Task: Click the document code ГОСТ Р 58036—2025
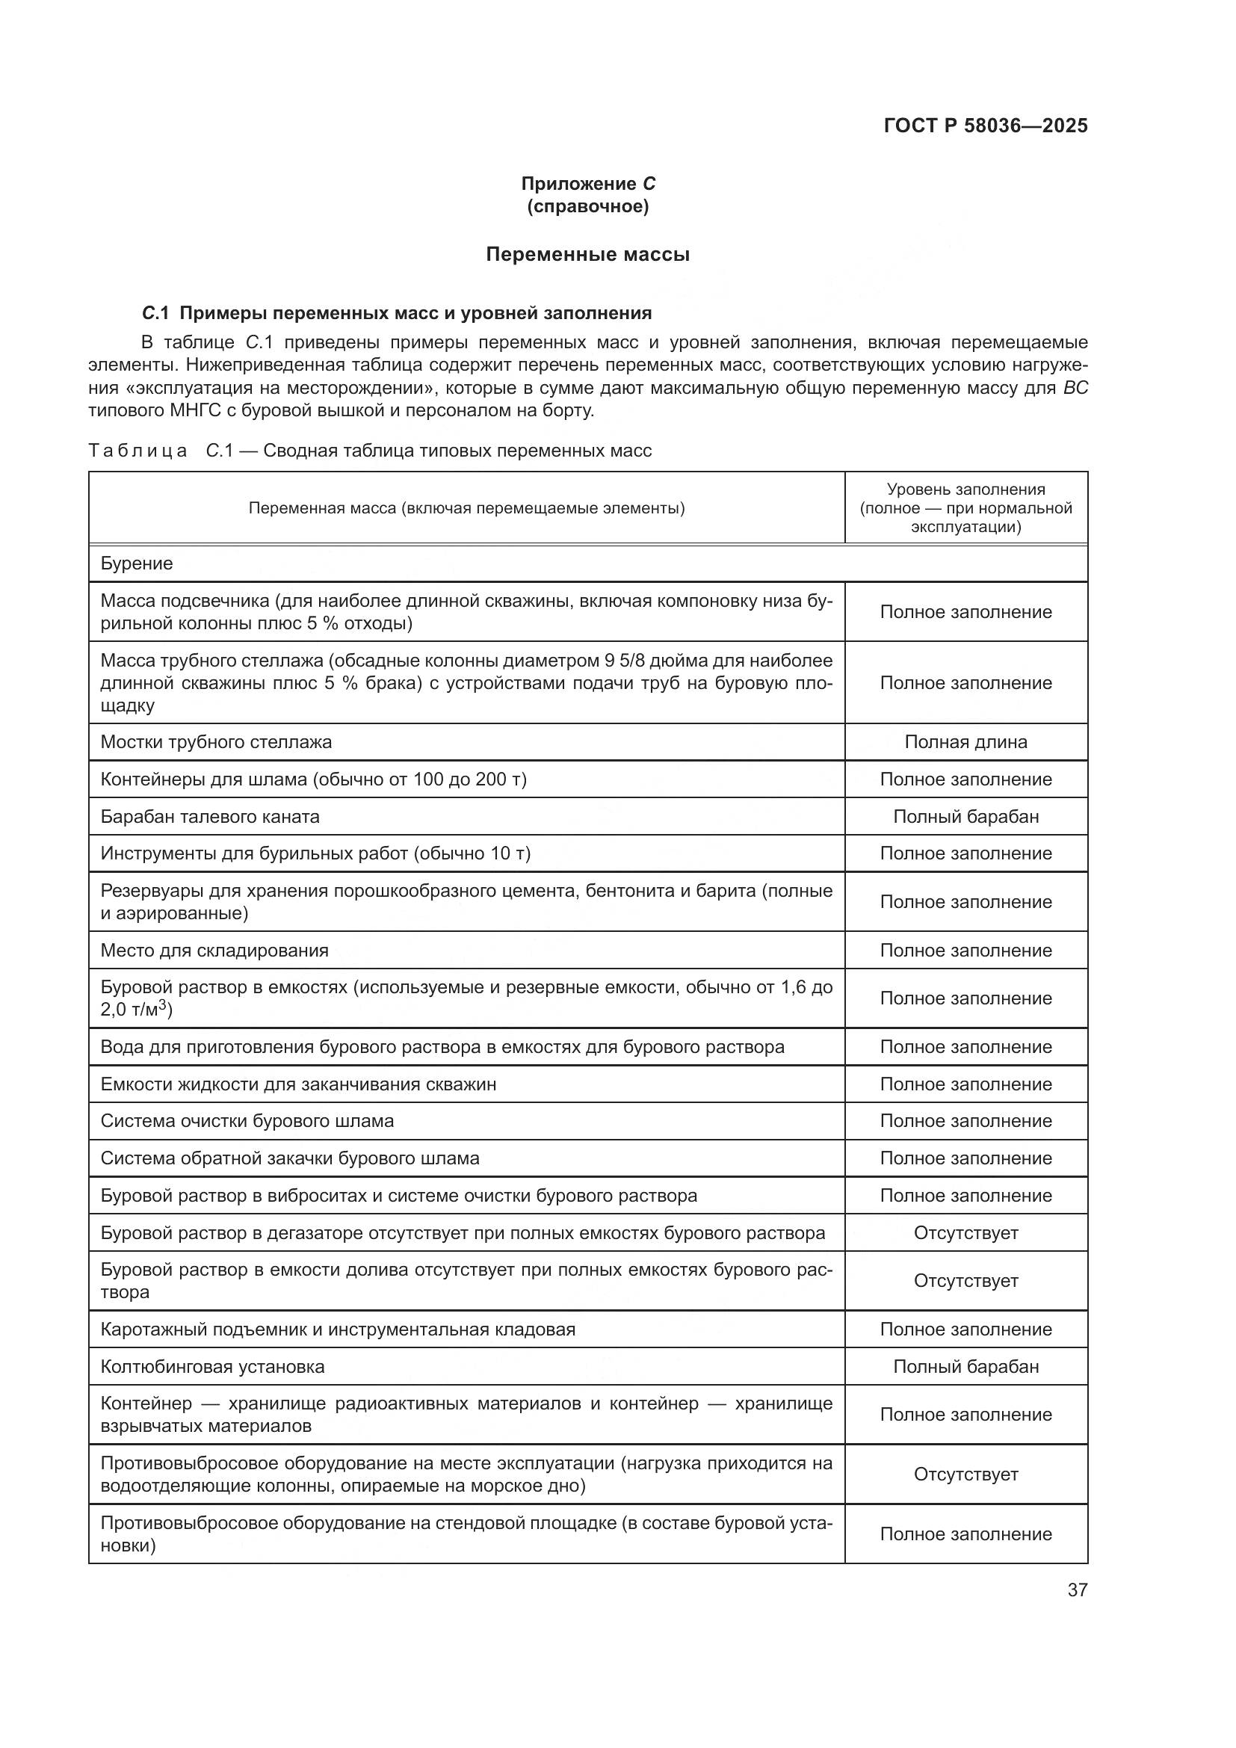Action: point(985,126)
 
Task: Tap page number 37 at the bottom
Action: point(1077,1590)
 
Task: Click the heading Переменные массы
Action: point(587,254)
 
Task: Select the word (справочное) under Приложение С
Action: point(587,206)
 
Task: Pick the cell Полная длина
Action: point(965,742)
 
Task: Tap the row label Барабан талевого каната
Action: point(210,817)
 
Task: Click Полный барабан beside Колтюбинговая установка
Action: point(965,1367)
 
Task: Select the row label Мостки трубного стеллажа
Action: point(216,742)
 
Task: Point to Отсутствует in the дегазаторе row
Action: point(965,1232)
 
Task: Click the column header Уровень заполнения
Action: point(965,489)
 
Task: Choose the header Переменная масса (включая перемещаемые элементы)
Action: point(466,507)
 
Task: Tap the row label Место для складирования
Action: point(214,950)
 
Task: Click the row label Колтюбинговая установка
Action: point(212,1367)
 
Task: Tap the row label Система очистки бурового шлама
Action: point(247,1121)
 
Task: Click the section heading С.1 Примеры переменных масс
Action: point(397,313)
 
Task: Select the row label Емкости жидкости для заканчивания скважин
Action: point(298,1084)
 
